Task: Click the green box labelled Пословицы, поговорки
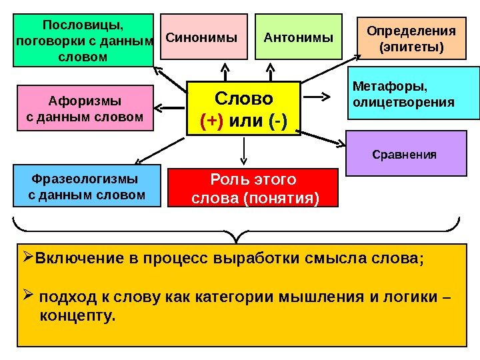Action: (x=83, y=40)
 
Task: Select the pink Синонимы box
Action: (x=201, y=37)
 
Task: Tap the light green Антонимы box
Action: (x=298, y=37)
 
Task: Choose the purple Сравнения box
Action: (x=405, y=154)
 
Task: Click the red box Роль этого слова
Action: (x=253, y=189)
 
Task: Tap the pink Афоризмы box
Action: (x=85, y=109)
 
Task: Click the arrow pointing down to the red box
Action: (x=243, y=153)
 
